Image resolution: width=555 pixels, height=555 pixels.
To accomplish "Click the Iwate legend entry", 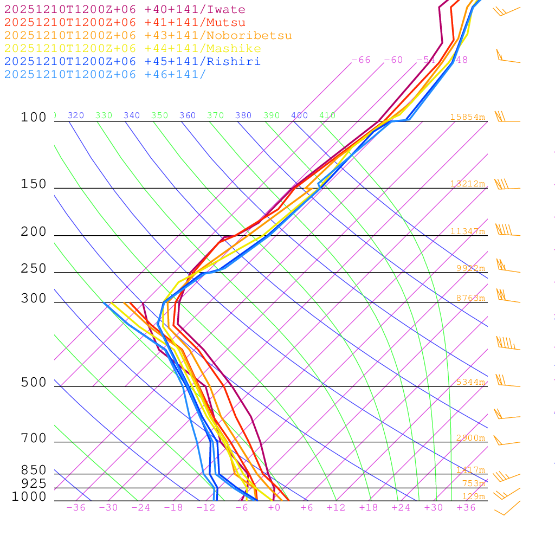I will (125, 10).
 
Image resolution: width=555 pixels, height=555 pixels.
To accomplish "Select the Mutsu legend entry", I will (125, 23).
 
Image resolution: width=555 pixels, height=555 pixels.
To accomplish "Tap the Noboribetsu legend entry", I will (148, 36).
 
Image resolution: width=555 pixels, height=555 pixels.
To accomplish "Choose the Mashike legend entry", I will (132, 49).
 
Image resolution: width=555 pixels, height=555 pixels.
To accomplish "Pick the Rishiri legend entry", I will (132, 61).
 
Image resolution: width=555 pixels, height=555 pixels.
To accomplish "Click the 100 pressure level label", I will (34, 117).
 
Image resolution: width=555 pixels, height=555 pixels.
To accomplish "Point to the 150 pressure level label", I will (34, 184).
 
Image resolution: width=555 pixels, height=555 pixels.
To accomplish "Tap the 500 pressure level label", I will (34, 383).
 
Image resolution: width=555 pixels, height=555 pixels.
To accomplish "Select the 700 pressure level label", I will (34, 438).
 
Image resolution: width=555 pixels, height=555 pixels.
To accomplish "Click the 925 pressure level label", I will (34, 483).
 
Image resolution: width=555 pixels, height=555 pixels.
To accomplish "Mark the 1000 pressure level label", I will (29, 496).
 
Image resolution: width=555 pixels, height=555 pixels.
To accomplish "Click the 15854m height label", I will (467, 117).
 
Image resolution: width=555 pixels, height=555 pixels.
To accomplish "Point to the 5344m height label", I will (470, 382).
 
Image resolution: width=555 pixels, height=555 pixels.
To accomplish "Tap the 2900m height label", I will (470, 438).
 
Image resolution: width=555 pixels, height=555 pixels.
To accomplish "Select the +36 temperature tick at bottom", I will (466, 508).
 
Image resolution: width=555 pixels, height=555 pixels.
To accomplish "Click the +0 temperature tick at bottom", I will (274, 508).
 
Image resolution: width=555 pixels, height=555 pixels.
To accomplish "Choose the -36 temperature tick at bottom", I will (76, 508).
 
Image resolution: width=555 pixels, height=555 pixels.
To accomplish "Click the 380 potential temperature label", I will (243, 115).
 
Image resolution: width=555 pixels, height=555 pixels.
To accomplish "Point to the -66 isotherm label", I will (361, 60).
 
